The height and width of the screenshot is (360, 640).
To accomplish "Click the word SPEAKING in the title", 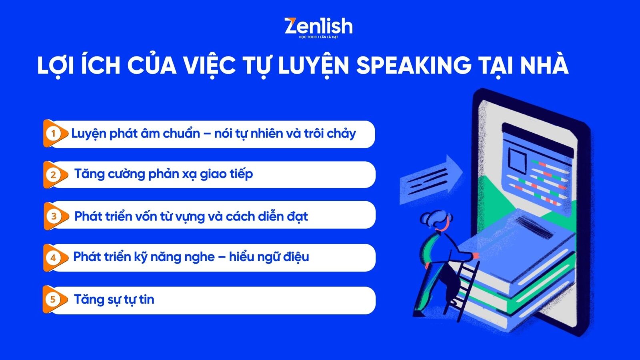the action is pos(414,65).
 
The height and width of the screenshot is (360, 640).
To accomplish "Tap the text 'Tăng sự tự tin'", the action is pos(114,300).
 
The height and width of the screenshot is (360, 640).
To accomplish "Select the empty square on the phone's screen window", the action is pos(517,161).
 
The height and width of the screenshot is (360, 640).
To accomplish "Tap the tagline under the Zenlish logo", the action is pos(318,37).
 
